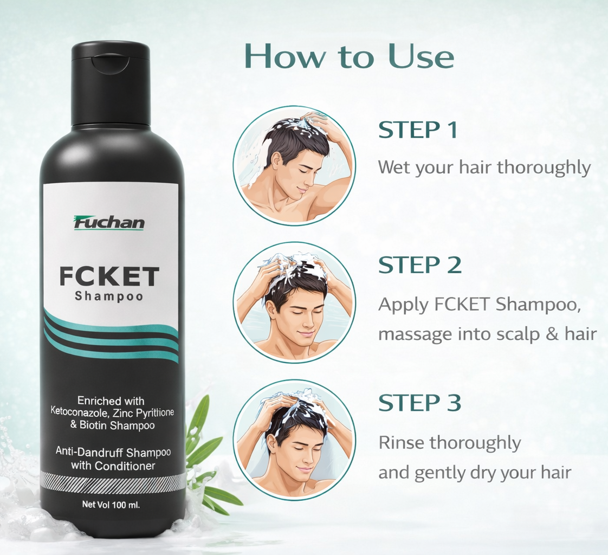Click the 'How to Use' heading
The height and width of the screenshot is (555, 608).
349,56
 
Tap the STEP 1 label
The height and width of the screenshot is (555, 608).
418,130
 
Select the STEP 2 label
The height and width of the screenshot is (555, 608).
419,265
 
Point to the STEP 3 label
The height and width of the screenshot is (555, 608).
419,403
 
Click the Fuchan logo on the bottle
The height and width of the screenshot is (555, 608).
109,223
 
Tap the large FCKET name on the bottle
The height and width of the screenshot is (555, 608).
109,276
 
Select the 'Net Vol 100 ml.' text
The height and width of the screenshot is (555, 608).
111,505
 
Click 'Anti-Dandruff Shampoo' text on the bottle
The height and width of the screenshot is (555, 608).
113,452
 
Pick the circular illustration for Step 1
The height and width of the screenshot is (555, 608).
294,165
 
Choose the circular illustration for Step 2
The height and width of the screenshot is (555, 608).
294,302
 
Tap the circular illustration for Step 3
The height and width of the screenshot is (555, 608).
294,439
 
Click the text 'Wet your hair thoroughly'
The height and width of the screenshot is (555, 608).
484,167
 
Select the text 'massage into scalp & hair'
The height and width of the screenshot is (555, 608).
487,334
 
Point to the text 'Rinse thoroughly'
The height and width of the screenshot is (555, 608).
449,443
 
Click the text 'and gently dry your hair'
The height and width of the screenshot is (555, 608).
474,473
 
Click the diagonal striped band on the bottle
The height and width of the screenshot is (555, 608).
113,481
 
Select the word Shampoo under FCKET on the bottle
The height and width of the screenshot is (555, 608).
109,296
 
